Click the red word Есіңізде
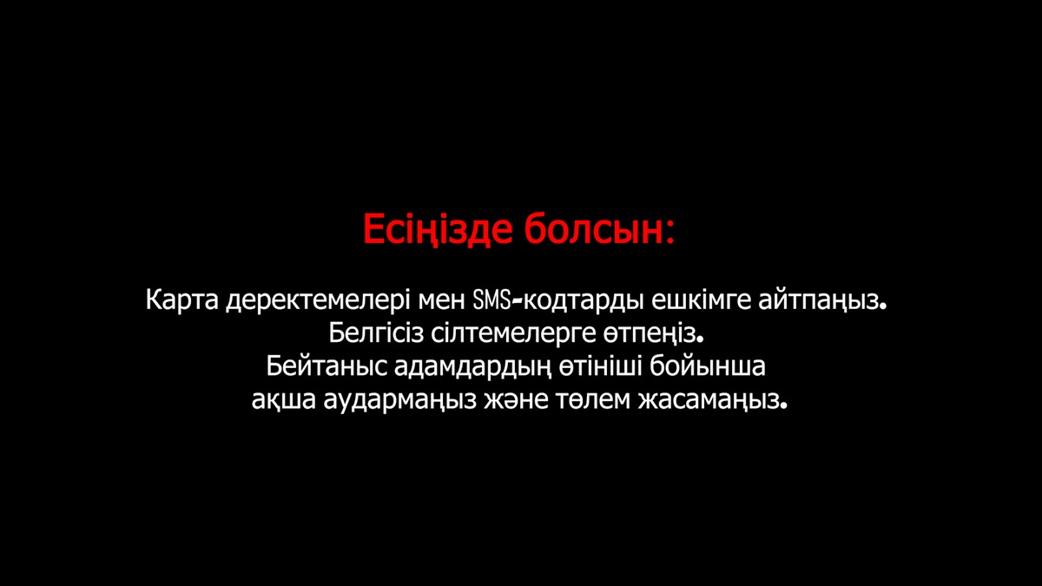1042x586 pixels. [x=438, y=229]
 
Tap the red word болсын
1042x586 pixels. [x=594, y=228]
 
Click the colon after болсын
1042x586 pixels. [x=669, y=232]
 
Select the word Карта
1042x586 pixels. [x=181, y=300]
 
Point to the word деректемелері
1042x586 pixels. [x=318, y=301]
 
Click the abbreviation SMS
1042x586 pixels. [x=491, y=300]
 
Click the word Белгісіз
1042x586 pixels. [x=376, y=333]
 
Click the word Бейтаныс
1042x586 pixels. [x=326, y=366]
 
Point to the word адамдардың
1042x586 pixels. [x=472, y=367]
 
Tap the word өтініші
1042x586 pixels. [x=600, y=366]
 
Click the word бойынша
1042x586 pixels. [x=708, y=366]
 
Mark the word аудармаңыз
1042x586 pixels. [x=399, y=400]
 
